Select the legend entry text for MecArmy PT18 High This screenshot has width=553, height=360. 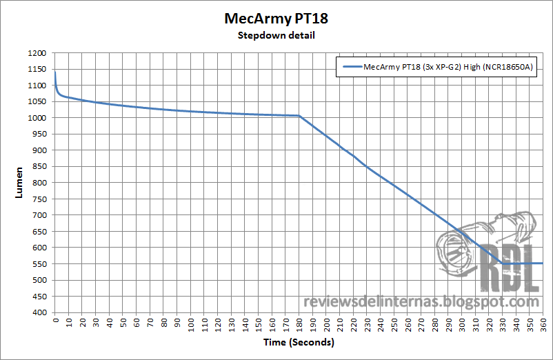point(449,67)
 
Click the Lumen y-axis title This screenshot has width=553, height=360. point(19,183)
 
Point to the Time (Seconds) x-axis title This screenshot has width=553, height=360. point(299,342)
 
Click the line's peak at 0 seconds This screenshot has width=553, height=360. point(55,72)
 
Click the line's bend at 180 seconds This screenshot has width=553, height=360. point(299,116)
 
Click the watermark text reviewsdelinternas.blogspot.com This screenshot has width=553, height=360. point(421,302)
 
